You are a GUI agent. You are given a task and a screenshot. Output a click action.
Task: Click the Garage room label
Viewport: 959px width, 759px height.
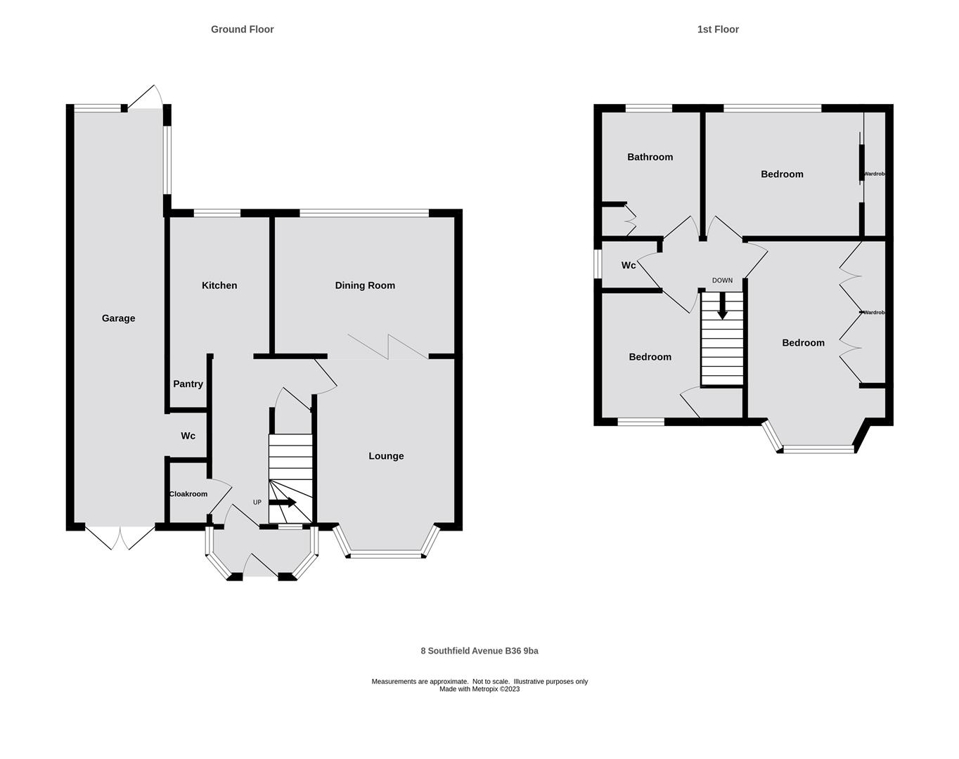tap(118, 318)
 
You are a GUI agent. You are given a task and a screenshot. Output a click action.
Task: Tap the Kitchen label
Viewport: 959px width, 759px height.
tap(219, 285)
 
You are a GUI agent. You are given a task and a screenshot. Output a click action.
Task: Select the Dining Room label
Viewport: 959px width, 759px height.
tap(365, 285)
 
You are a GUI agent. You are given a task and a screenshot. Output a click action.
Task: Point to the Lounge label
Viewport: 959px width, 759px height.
tap(386, 456)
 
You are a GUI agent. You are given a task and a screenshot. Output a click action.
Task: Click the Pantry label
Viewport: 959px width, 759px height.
tap(188, 384)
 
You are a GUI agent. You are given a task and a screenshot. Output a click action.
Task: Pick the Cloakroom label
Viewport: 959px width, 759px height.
tap(188, 494)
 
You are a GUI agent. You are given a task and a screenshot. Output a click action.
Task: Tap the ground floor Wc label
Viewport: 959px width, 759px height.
tap(188, 436)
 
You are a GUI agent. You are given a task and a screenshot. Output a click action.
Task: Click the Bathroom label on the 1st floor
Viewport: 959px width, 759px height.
tap(650, 157)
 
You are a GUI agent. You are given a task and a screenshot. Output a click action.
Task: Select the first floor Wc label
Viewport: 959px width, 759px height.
tap(629, 265)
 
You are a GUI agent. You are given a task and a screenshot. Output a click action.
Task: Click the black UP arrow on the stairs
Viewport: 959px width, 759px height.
tap(283, 502)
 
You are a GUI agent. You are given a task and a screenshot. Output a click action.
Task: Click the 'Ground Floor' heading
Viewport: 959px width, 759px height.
tap(242, 30)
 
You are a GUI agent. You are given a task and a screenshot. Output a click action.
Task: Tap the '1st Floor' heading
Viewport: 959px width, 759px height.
tap(718, 30)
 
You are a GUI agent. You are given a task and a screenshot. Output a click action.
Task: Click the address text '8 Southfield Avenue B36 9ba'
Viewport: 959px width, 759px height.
tap(479, 651)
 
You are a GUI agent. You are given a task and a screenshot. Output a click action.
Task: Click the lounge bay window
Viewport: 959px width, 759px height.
tap(386, 555)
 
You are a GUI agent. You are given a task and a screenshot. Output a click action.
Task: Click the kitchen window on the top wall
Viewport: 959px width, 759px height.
tap(217, 213)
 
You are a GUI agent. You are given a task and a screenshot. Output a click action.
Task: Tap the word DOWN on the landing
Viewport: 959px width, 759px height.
tap(722, 280)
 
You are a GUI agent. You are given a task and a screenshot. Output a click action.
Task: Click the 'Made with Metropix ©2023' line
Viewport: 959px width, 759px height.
tap(479, 689)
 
